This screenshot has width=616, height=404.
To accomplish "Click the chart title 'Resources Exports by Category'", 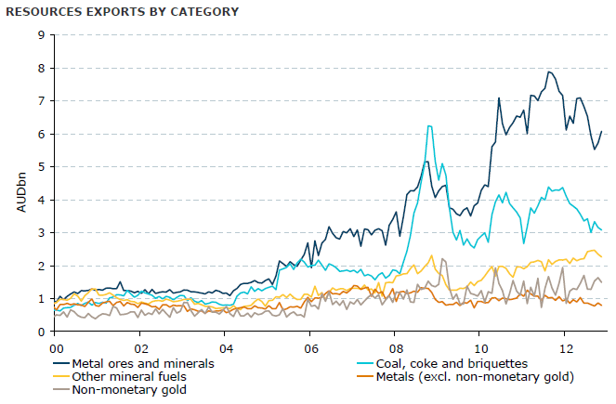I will pyautogui.click(x=122, y=12).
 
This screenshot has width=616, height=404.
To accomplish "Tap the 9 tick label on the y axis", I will pyautogui.click(x=41, y=35).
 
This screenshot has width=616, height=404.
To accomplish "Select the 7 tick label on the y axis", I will pyautogui.click(x=41, y=100).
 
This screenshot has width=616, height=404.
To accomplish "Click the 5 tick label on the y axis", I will pyautogui.click(x=41, y=166).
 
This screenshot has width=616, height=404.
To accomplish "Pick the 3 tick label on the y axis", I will pyautogui.click(x=41, y=232).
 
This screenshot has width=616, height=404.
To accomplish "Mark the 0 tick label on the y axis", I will pyautogui.click(x=41, y=332).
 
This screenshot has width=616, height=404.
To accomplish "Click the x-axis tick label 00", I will pyautogui.click(x=55, y=347).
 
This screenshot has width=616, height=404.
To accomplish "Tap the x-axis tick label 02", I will pyautogui.click(x=139, y=347).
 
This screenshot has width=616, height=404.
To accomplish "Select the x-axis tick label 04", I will pyautogui.click(x=224, y=347).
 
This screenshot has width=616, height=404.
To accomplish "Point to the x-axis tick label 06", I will pyautogui.click(x=309, y=347).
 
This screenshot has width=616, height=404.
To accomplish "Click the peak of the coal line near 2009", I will pyautogui.click(x=428, y=126).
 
